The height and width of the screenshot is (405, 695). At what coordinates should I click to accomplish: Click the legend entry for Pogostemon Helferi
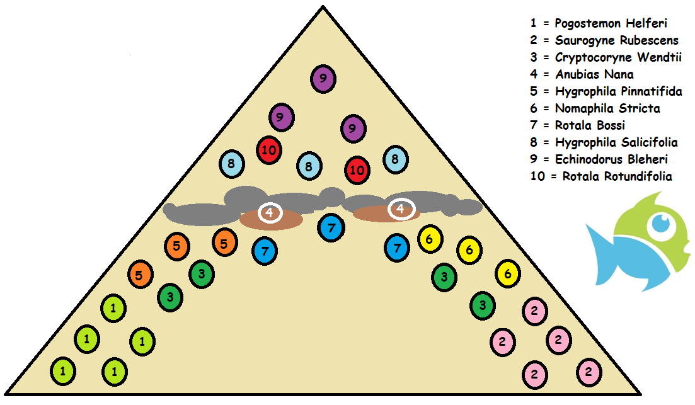pyautogui.click(x=599, y=23)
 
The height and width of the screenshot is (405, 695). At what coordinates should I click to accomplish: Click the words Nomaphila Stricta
pyautogui.click(x=595, y=108)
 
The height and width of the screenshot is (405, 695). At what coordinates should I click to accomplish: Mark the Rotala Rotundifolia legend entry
pyautogui.click(x=601, y=176)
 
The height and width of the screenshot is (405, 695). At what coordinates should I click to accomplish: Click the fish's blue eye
pyautogui.click(x=661, y=222)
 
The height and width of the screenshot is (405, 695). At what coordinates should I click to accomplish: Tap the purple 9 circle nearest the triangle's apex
pyautogui.click(x=323, y=79)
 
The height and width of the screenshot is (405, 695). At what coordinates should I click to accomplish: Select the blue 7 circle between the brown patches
pyautogui.click(x=331, y=227)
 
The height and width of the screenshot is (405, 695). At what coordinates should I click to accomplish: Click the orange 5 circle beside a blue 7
pyautogui.click(x=224, y=242)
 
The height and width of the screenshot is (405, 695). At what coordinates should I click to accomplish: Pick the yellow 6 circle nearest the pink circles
pyautogui.click(x=508, y=274)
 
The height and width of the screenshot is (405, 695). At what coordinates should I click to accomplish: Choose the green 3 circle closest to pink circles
pyautogui.click(x=482, y=306)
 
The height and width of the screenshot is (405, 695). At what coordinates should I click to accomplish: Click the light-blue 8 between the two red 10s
pyautogui.click(x=309, y=166)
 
